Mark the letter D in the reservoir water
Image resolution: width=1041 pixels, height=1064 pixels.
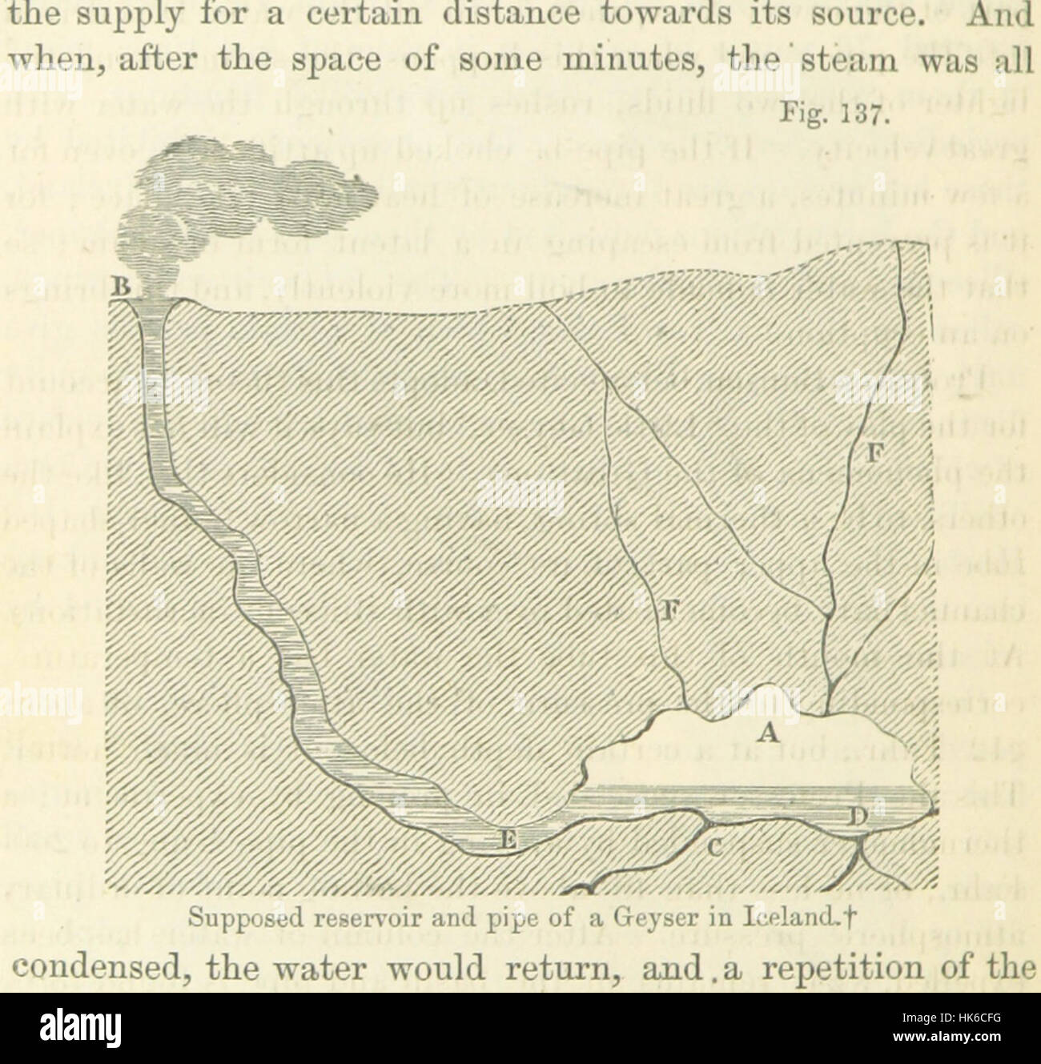pos(858,817)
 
